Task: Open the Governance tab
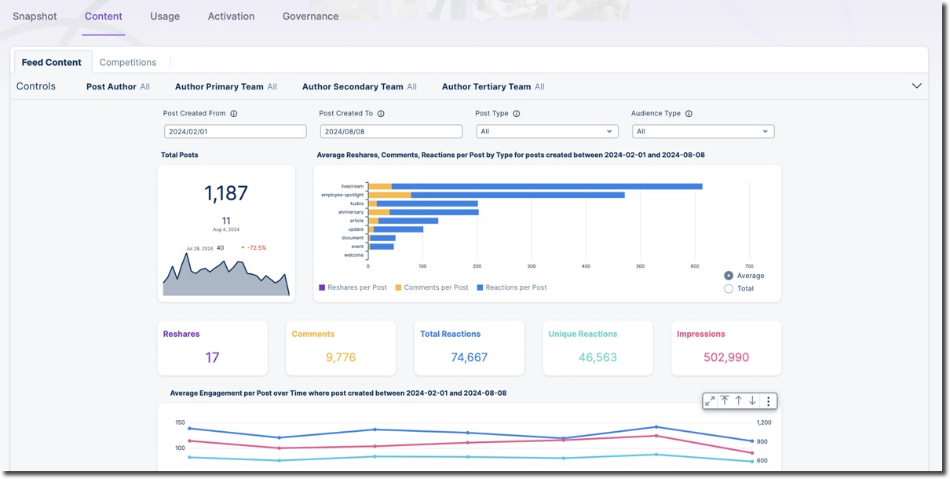click(310, 16)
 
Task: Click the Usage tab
click(165, 16)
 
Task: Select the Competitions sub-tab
click(127, 62)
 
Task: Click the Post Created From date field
click(235, 132)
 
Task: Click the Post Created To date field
click(391, 132)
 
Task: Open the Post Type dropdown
click(546, 132)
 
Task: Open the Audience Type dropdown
click(703, 132)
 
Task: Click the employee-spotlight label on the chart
click(343, 195)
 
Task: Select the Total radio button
click(729, 289)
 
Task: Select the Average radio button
click(729, 276)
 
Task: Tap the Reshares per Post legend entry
click(353, 287)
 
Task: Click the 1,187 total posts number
click(226, 193)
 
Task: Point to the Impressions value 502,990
click(726, 357)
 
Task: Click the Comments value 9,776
click(341, 357)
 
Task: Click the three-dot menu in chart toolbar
click(768, 401)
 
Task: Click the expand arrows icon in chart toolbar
click(710, 401)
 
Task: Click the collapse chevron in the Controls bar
click(916, 86)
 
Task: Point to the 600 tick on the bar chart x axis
click(695, 266)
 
